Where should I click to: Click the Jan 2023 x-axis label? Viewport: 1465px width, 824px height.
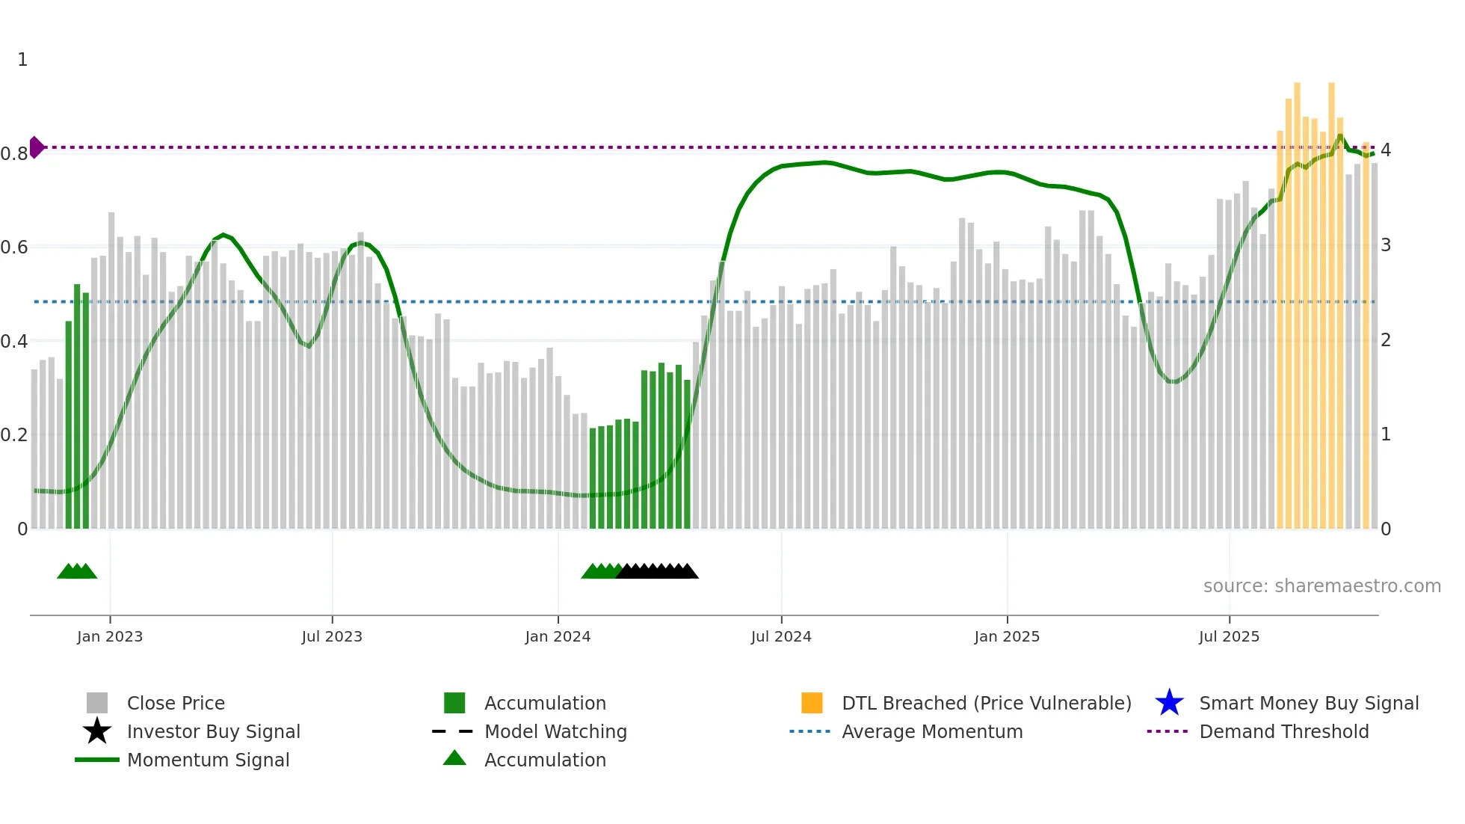[109, 636]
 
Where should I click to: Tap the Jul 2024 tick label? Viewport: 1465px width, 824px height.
[780, 636]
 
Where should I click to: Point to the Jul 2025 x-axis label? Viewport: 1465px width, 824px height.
[1228, 636]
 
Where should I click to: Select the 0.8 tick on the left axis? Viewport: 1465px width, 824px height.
[14, 154]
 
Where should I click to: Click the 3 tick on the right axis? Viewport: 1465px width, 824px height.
[1385, 245]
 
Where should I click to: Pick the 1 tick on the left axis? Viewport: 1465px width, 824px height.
[22, 60]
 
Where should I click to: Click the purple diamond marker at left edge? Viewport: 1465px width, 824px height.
[36, 147]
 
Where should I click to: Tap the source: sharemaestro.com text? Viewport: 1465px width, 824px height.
[1321, 586]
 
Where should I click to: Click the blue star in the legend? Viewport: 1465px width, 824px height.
[1169, 703]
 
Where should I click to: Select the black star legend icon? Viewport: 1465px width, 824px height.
[97, 731]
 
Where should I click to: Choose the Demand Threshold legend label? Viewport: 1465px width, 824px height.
[1283, 731]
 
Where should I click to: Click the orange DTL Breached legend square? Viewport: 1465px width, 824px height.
[811, 703]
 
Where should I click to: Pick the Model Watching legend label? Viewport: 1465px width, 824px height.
[555, 731]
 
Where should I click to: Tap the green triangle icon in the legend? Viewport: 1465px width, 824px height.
[454, 758]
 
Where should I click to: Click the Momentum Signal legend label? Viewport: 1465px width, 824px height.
[208, 760]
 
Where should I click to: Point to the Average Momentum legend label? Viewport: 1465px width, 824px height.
[931, 731]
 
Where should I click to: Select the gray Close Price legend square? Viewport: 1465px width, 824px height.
[97, 703]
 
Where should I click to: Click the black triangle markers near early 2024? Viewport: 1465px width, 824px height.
[657, 571]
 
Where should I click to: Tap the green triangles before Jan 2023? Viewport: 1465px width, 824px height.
[77, 571]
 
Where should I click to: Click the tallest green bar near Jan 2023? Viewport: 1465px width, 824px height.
[77, 407]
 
